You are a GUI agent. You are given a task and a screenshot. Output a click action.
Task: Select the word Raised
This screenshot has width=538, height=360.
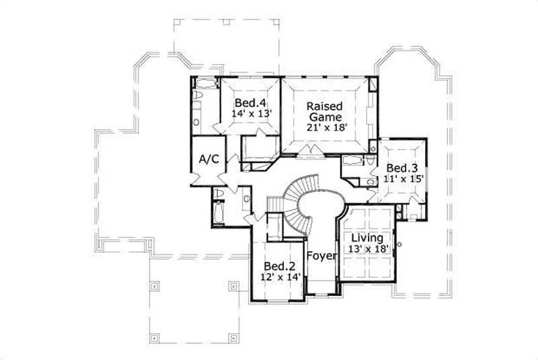[x=325, y=106]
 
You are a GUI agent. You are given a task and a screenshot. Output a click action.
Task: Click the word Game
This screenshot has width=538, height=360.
[x=325, y=116]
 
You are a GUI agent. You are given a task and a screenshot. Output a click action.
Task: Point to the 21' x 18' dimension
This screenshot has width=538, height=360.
[x=325, y=128]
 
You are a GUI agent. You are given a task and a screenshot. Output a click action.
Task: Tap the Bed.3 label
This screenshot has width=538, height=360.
[x=402, y=168]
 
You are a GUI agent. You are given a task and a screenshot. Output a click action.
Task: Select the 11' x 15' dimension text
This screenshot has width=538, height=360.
[x=402, y=179]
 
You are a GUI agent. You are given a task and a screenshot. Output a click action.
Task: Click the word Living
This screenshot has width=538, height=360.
[x=367, y=238]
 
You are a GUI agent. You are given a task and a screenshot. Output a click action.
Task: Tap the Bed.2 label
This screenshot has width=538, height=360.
[x=276, y=265]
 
